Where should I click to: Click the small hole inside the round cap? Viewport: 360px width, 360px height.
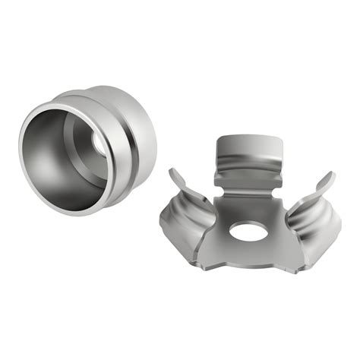pyautogui.click(x=99, y=144)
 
